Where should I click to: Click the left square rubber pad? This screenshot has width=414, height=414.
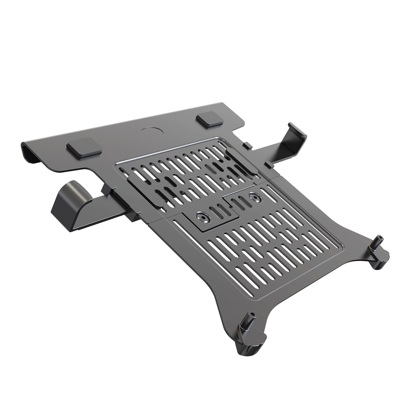84,148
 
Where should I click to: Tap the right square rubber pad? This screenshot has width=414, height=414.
209,120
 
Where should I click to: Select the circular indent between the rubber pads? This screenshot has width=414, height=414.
152,133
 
